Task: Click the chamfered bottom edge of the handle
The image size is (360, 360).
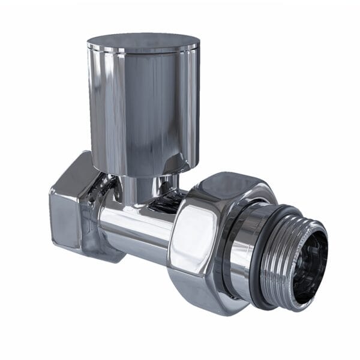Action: [x=144, y=171]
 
